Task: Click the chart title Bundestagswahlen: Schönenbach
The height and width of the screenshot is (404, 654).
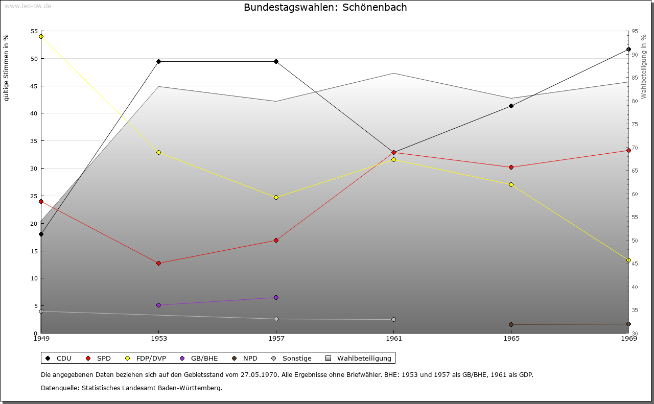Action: (325, 8)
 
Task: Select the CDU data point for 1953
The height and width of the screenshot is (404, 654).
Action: (158, 61)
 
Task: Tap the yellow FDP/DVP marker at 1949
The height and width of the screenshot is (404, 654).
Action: (41, 36)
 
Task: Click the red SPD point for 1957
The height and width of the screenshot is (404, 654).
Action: (276, 240)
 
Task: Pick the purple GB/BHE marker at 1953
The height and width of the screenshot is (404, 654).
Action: (158, 305)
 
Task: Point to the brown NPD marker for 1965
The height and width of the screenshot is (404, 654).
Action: (511, 324)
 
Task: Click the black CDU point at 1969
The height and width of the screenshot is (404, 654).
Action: (628, 49)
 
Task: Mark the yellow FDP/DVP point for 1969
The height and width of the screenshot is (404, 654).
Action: (628, 260)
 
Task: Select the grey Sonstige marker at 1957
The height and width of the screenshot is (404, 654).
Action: (276, 319)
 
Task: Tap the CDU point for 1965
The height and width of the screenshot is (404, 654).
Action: (511, 106)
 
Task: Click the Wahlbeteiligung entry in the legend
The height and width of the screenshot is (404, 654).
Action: (364, 358)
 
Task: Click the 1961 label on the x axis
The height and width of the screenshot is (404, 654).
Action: (393, 338)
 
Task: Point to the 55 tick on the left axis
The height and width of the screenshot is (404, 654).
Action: (34, 31)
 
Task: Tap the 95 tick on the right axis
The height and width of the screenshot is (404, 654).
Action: (634, 31)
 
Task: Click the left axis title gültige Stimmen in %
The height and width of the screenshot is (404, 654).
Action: (7, 67)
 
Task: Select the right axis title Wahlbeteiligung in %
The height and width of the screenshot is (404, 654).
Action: (643, 66)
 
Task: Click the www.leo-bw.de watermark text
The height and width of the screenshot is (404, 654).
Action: (27, 6)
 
